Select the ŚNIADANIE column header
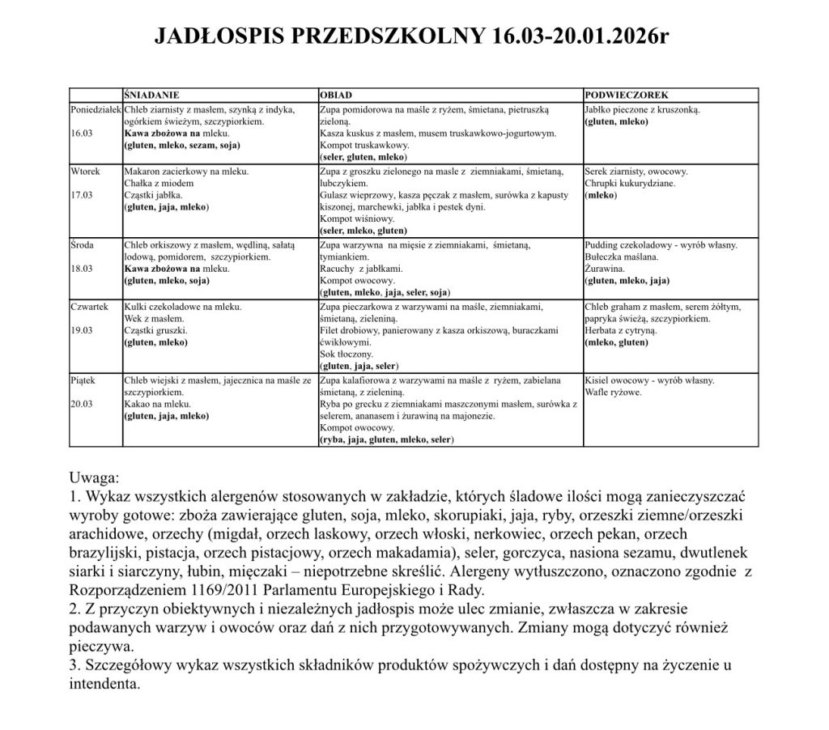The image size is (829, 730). coord(151,95)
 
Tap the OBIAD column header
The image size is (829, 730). coord(336,95)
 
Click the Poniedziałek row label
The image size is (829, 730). coord(96,108)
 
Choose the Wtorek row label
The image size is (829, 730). coord(86,172)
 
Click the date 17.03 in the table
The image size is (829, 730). coord(83,196)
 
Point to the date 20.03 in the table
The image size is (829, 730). coord(83,403)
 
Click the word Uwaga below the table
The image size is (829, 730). coord(95,477)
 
